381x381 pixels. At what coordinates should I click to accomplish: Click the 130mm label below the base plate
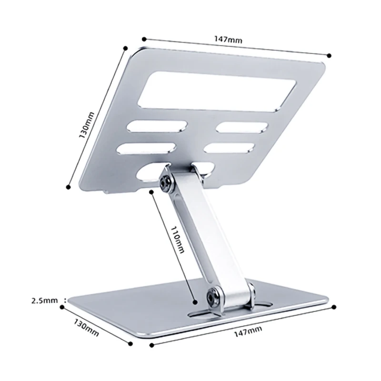pyautogui.click(x=87, y=327)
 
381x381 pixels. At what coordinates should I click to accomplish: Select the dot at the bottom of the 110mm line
pyautogui.click(x=195, y=301)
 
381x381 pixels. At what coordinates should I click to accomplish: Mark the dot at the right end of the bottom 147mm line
pyautogui.click(x=334, y=308)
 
